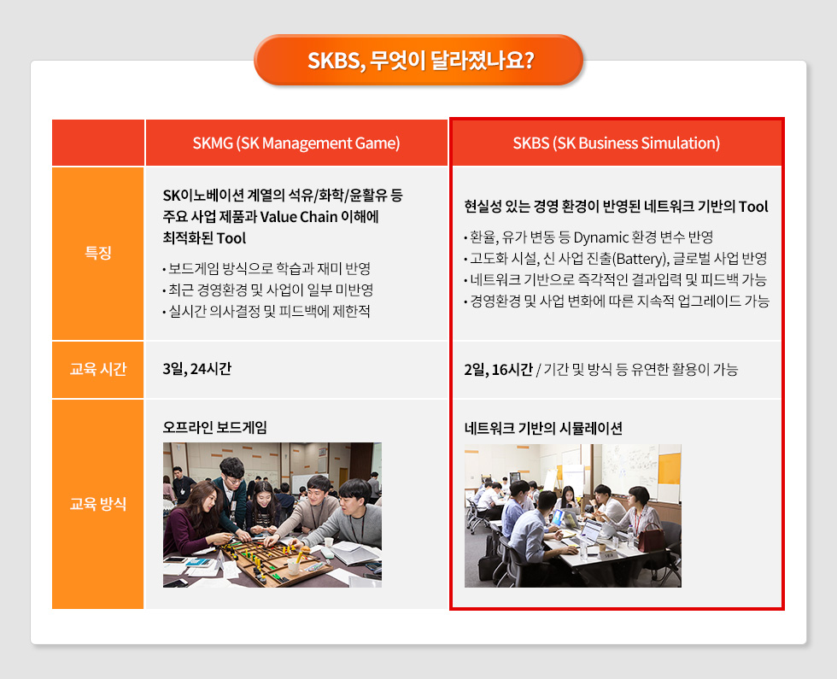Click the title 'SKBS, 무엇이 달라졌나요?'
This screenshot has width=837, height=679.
pyautogui.click(x=418, y=61)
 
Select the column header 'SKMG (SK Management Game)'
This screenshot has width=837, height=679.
pyautogui.click(x=296, y=143)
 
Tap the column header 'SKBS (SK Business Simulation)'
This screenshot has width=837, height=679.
pyautogui.click(x=616, y=143)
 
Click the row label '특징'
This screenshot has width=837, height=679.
pyautogui.click(x=97, y=254)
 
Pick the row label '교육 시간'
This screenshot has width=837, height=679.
pyautogui.click(x=97, y=369)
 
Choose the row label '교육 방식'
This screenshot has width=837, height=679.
pyautogui.click(x=97, y=504)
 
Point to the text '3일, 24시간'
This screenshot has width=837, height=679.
pyautogui.click(x=197, y=369)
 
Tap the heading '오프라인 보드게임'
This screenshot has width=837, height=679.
pyautogui.click(x=214, y=427)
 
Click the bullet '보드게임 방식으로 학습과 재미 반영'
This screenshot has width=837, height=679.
pyautogui.click(x=266, y=268)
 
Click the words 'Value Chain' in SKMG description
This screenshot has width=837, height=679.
pyautogui.click(x=296, y=216)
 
